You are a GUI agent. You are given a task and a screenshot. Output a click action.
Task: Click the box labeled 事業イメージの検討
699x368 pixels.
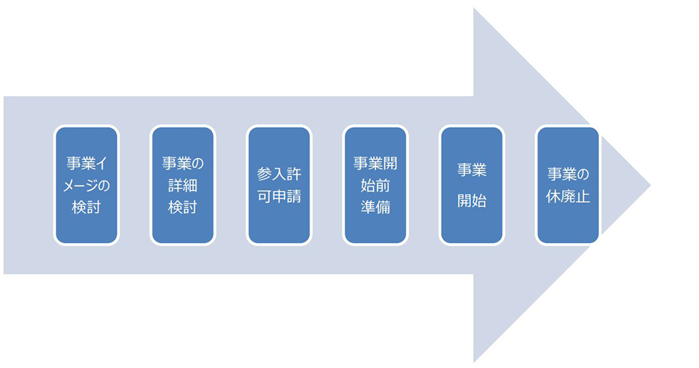click(x=87, y=185)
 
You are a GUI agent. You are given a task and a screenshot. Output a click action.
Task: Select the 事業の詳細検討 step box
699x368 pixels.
click(x=183, y=185)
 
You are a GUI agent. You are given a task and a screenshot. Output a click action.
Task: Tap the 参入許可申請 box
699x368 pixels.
click(x=280, y=185)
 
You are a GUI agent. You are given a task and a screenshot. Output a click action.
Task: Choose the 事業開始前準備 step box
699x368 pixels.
click(x=375, y=185)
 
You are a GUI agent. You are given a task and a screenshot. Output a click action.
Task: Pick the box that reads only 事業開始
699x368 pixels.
click(x=472, y=185)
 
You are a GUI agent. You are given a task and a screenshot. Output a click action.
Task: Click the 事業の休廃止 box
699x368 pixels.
click(x=568, y=185)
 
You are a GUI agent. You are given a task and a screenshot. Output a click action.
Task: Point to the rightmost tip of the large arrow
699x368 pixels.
click(x=649, y=185)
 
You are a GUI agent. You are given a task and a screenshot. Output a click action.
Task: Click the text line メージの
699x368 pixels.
click(x=87, y=186)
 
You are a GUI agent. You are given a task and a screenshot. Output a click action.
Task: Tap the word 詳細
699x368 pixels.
click(x=183, y=186)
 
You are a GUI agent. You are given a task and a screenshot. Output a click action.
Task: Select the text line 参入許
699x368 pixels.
click(x=280, y=174)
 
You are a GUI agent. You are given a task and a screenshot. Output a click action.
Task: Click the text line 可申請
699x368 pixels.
click(x=280, y=197)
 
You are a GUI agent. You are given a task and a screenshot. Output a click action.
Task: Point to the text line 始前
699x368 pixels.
click(x=375, y=186)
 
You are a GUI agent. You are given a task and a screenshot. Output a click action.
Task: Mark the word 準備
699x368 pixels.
click(x=375, y=208)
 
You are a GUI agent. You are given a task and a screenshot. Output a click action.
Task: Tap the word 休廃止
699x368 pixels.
click(x=568, y=197)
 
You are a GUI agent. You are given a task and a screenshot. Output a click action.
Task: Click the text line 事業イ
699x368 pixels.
click(x=87, y=164)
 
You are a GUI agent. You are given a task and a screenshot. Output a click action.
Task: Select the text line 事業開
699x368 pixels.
click(x=375, y=164)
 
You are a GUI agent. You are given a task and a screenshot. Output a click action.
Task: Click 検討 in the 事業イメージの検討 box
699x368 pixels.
click(x=87, y=208)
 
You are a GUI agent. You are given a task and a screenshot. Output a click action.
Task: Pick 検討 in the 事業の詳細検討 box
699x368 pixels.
click(x=183, y=208)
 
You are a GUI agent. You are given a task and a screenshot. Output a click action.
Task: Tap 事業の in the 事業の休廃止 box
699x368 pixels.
click(x=568, y=174)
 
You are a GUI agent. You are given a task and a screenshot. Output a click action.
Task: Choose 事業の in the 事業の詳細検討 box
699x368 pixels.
click(x=183, y=164)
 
